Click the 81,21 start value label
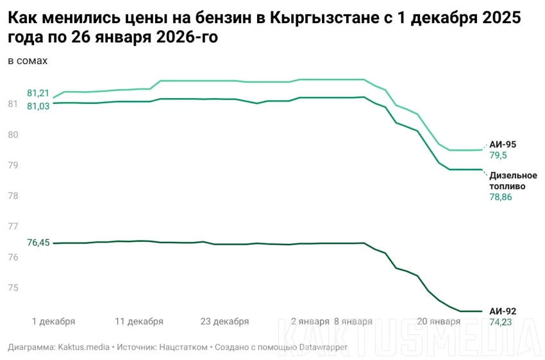[38, 93]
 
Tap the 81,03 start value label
[38, 107]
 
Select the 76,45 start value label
[38, 243]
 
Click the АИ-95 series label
[502, 144]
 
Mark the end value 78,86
[501, 197]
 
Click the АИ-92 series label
[502, 311]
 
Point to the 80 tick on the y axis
[13, 135]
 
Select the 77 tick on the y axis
[13, 227]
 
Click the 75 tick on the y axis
[13, 287]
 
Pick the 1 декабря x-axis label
[53, 321]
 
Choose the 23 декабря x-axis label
[224, 321]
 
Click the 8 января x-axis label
[353, 321]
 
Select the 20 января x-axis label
[439, 321]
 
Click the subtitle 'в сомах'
[28, 61]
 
